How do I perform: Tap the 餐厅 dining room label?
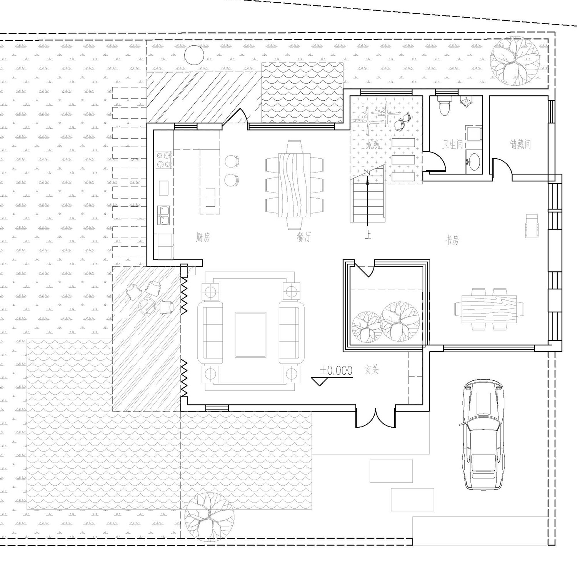(x=304, y=237)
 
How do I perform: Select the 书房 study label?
(x=452, y=241)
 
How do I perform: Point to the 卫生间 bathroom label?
(x=452, y=145)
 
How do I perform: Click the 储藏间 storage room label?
(x=520, y=144)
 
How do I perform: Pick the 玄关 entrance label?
(x=372, y=370)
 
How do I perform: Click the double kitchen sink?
(x=164, y=215)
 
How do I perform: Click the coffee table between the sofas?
(x=250, y=335)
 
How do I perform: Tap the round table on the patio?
(x=148, y=306)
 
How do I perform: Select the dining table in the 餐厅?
(x=294, y=185)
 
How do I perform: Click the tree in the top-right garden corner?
(x=514, y=61)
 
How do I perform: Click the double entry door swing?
(x=375, y=418)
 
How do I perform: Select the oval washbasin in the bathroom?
(x=473, y=161)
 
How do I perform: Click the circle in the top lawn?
(x=194, y=55)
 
